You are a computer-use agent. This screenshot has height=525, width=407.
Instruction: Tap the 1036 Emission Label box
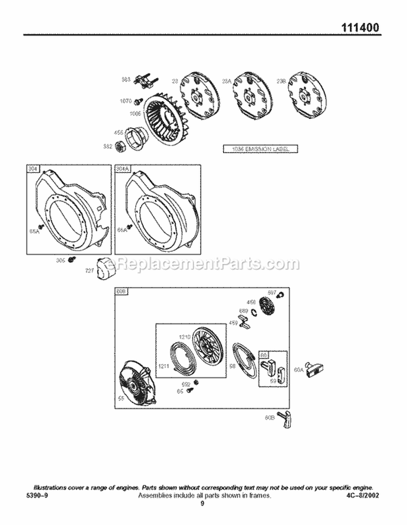click(x=261, y=149)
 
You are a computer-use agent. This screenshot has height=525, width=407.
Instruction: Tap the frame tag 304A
click(x=123, y=169)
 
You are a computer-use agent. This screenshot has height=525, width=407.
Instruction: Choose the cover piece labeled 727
click(x=100, y=268)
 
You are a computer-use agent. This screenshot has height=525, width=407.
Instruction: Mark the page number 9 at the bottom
click(x=202, y=504)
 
